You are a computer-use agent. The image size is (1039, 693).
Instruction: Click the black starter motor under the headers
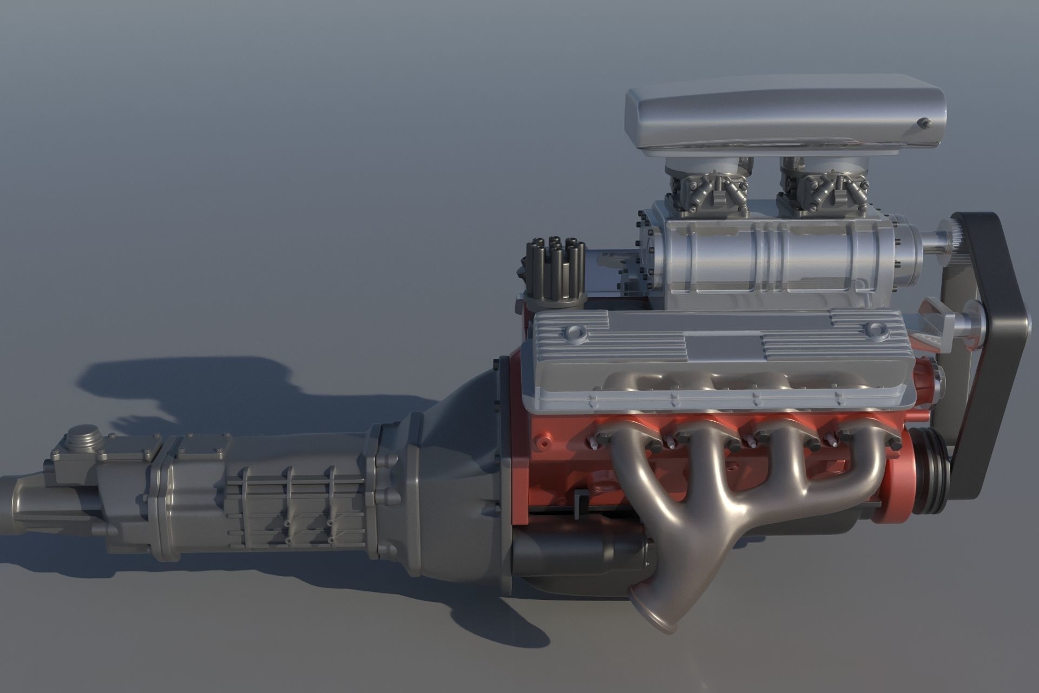pyautogui.click(x=574, y=552)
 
